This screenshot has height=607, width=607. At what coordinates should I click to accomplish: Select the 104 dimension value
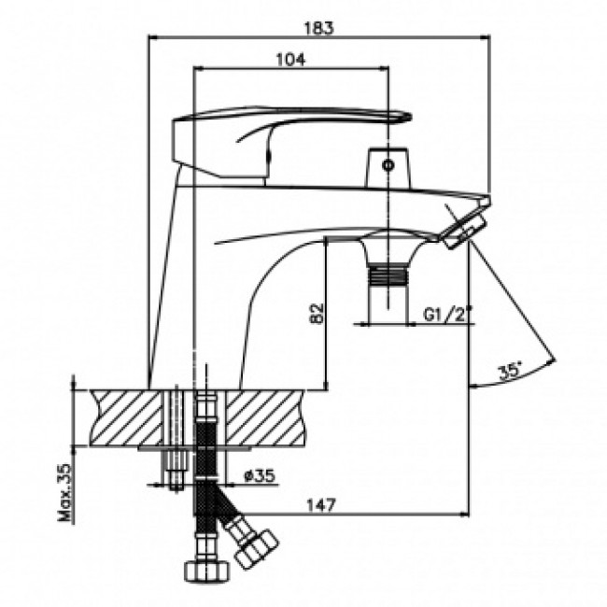point(291,58)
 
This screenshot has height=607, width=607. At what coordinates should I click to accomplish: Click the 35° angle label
point(509,370)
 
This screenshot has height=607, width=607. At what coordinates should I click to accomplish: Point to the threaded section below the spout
point(388,275)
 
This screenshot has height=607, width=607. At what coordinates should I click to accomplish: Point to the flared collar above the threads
point(388,245)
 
